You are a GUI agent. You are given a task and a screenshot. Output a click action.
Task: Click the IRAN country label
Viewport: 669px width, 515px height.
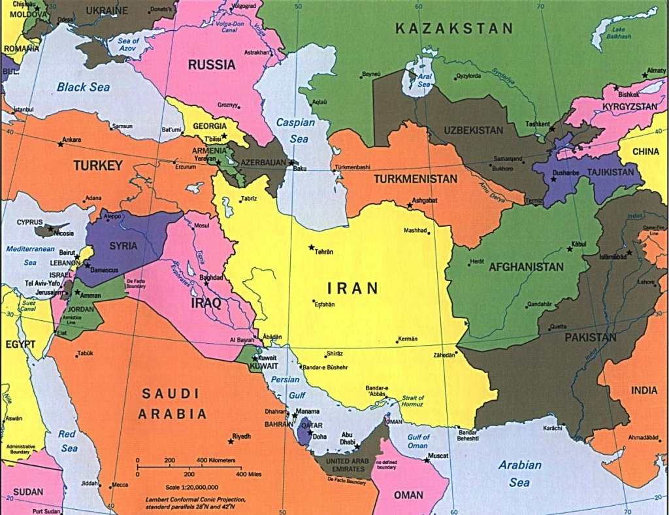[x=353, y=287]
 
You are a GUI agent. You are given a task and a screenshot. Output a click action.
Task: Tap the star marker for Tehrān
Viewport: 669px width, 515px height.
[x=311, y=247]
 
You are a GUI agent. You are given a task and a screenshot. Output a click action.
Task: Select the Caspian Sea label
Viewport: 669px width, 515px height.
[x=295, y=130]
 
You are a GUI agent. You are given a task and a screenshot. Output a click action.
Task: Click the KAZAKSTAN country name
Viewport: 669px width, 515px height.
[x=454, y=28]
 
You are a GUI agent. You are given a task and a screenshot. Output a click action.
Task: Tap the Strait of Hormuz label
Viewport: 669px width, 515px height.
[x=413, y=402]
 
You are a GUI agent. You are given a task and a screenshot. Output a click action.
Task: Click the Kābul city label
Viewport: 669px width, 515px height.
[x=579, y=244]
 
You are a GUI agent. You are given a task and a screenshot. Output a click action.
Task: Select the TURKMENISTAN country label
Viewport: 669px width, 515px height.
[x=415, y=178]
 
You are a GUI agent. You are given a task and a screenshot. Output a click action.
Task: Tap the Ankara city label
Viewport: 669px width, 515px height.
[x=72, y=139]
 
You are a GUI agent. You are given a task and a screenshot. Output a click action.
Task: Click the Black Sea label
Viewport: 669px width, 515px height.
[x=83, y=87]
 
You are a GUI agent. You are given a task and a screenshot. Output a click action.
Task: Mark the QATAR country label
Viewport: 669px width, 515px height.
[x=312, y=424]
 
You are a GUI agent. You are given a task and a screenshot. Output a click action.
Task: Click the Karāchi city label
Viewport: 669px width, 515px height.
[x=552, y=428]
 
